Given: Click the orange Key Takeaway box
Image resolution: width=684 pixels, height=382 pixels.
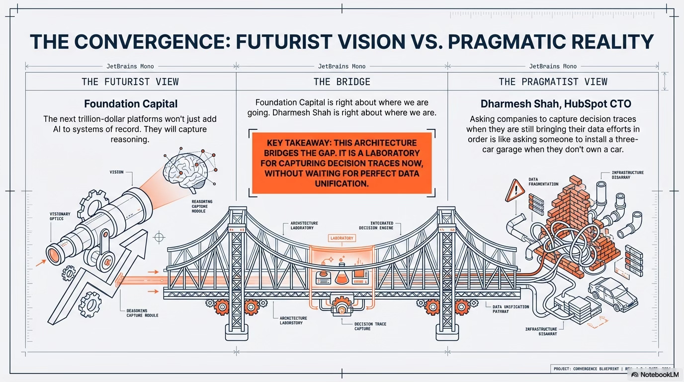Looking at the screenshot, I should [342, 162].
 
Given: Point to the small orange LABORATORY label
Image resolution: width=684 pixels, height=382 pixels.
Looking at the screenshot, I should [342, 238].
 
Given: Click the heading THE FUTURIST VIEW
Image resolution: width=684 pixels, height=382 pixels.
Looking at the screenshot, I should [130, 82].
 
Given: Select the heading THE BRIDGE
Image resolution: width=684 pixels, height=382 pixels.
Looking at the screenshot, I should [342, 82].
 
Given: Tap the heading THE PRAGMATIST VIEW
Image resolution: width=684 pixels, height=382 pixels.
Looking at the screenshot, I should [553, 82].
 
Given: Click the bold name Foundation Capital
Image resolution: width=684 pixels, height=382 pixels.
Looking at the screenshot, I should [130, 104].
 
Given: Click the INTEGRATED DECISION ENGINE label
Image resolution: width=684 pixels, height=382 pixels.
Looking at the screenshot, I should [376, 226].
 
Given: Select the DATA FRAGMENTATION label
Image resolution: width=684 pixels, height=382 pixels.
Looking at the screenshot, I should [543, 181].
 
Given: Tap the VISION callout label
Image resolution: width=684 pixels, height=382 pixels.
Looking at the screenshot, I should [116, 172].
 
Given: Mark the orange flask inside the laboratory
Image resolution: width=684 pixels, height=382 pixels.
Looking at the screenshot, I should [342, 275].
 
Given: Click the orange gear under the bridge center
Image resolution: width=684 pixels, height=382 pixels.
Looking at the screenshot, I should [342, 304].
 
